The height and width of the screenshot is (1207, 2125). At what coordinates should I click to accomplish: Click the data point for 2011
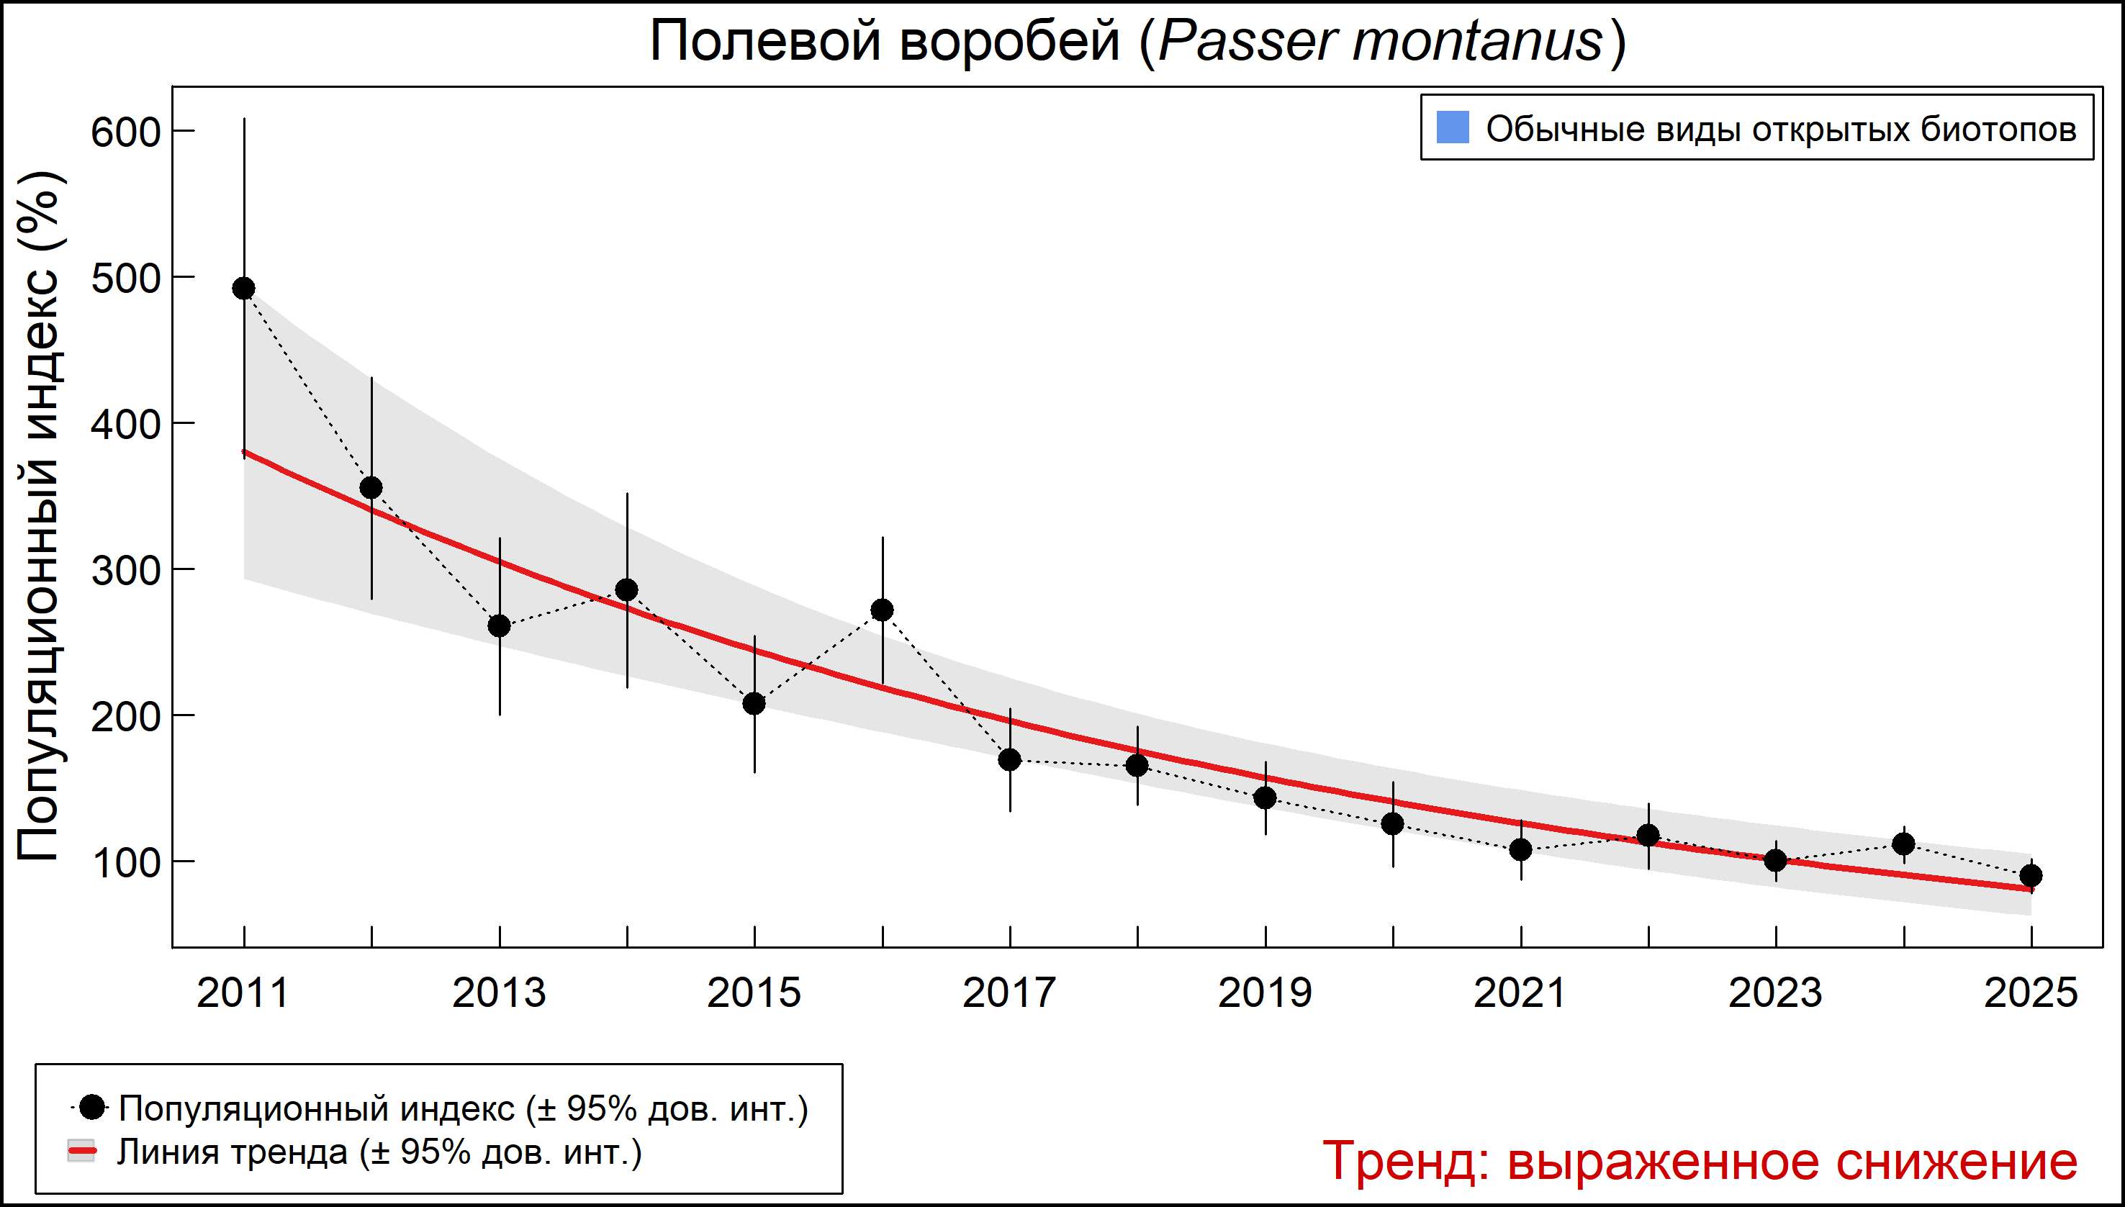[x=244, y=289]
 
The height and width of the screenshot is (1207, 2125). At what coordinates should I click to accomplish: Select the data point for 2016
[x=882, y=610]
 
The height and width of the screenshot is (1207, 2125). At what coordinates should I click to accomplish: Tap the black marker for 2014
[x=627, y=590]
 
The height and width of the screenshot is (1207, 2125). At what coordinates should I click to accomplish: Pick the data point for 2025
[x=2031, y=875]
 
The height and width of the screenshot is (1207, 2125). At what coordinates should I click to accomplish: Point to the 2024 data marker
[x=1903, y=844]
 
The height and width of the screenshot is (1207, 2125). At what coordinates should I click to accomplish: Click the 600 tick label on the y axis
[x=125, y=132]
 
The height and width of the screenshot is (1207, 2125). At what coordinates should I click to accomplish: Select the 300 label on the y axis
[x=125, y=570]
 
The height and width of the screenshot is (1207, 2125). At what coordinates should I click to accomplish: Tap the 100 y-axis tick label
[x=125, y=863]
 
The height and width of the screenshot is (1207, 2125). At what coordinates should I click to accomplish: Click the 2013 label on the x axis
[x=499, y=993]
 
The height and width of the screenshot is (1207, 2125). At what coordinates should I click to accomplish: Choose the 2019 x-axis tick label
[x=1265, y=993]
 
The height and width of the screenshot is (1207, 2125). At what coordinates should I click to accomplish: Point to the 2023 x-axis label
[x=1775, y=993]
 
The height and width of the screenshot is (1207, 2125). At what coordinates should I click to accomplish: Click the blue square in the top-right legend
[x=1453, y=127]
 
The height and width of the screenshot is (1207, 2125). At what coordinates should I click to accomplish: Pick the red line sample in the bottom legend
[x=81, y=1152]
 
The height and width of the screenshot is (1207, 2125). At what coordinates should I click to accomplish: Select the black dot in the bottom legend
[x=94, y=1107]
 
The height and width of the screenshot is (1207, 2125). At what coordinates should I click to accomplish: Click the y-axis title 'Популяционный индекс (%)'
[x=40, y=515]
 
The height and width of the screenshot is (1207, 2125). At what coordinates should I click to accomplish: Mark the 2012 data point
[x=371, y=487]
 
